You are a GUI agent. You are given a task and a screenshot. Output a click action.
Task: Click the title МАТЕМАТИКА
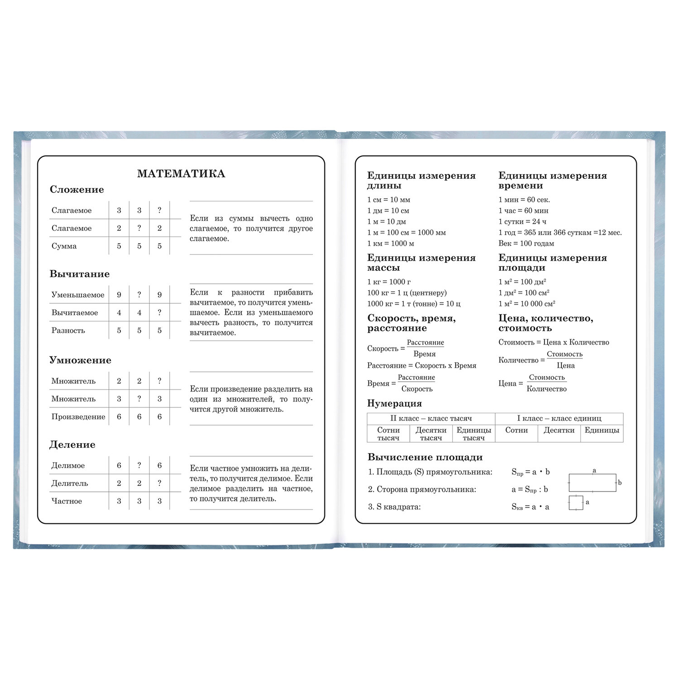pyautogui.click(x=181, y=174)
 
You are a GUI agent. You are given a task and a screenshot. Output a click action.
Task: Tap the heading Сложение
pyautogui.click(x=77, y=190)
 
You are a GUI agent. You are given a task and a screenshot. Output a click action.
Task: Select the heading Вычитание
pyautogui.click(x=80, y=274)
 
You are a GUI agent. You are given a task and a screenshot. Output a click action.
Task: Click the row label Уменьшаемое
pyautogui.click(x=78, y=295)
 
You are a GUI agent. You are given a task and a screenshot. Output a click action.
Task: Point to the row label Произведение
pyautogui.click(x=78, y=417)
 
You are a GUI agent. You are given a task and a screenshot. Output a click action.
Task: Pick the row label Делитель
pyautogui.click(x=70, y=483)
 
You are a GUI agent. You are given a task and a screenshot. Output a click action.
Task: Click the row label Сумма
pyautogui.click(x=64, y=246)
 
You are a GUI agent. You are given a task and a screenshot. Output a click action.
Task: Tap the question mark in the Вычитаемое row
pyautogui.click(x=159, y=313)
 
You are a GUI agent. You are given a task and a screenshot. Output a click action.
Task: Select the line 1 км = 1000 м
pyautogui.click(x=391, y=244)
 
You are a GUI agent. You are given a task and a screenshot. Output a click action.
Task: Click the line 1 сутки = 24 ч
pyautogui.click(x=522, y=222)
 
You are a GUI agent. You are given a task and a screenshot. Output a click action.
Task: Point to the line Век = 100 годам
pyautogui.click(x=526, y=244)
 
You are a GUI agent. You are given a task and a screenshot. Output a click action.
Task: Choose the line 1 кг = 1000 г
pyautogui.click(x=389, y=282)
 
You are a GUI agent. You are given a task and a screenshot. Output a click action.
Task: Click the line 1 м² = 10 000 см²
pyautogui.click(x=527, y=304)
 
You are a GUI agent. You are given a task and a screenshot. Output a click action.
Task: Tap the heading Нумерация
pyautogui.click(x=394, y=403)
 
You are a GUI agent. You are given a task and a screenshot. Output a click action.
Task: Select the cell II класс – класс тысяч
pyautogui.click(x=431, y=419)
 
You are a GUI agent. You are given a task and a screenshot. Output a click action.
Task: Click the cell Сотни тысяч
pyautogui.click(x=388, y=434)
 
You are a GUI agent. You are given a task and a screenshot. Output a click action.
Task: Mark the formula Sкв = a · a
pyautogui.click(x=530, y=507)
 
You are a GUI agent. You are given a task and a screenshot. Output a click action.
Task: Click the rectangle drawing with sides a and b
pyautogui.click(x=592, y=483)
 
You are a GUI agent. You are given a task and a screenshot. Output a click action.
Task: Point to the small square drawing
pyautogui.click(x=576, y=503)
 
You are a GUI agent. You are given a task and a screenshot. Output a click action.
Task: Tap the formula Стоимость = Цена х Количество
pyautogui.click(x=554, y=342)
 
